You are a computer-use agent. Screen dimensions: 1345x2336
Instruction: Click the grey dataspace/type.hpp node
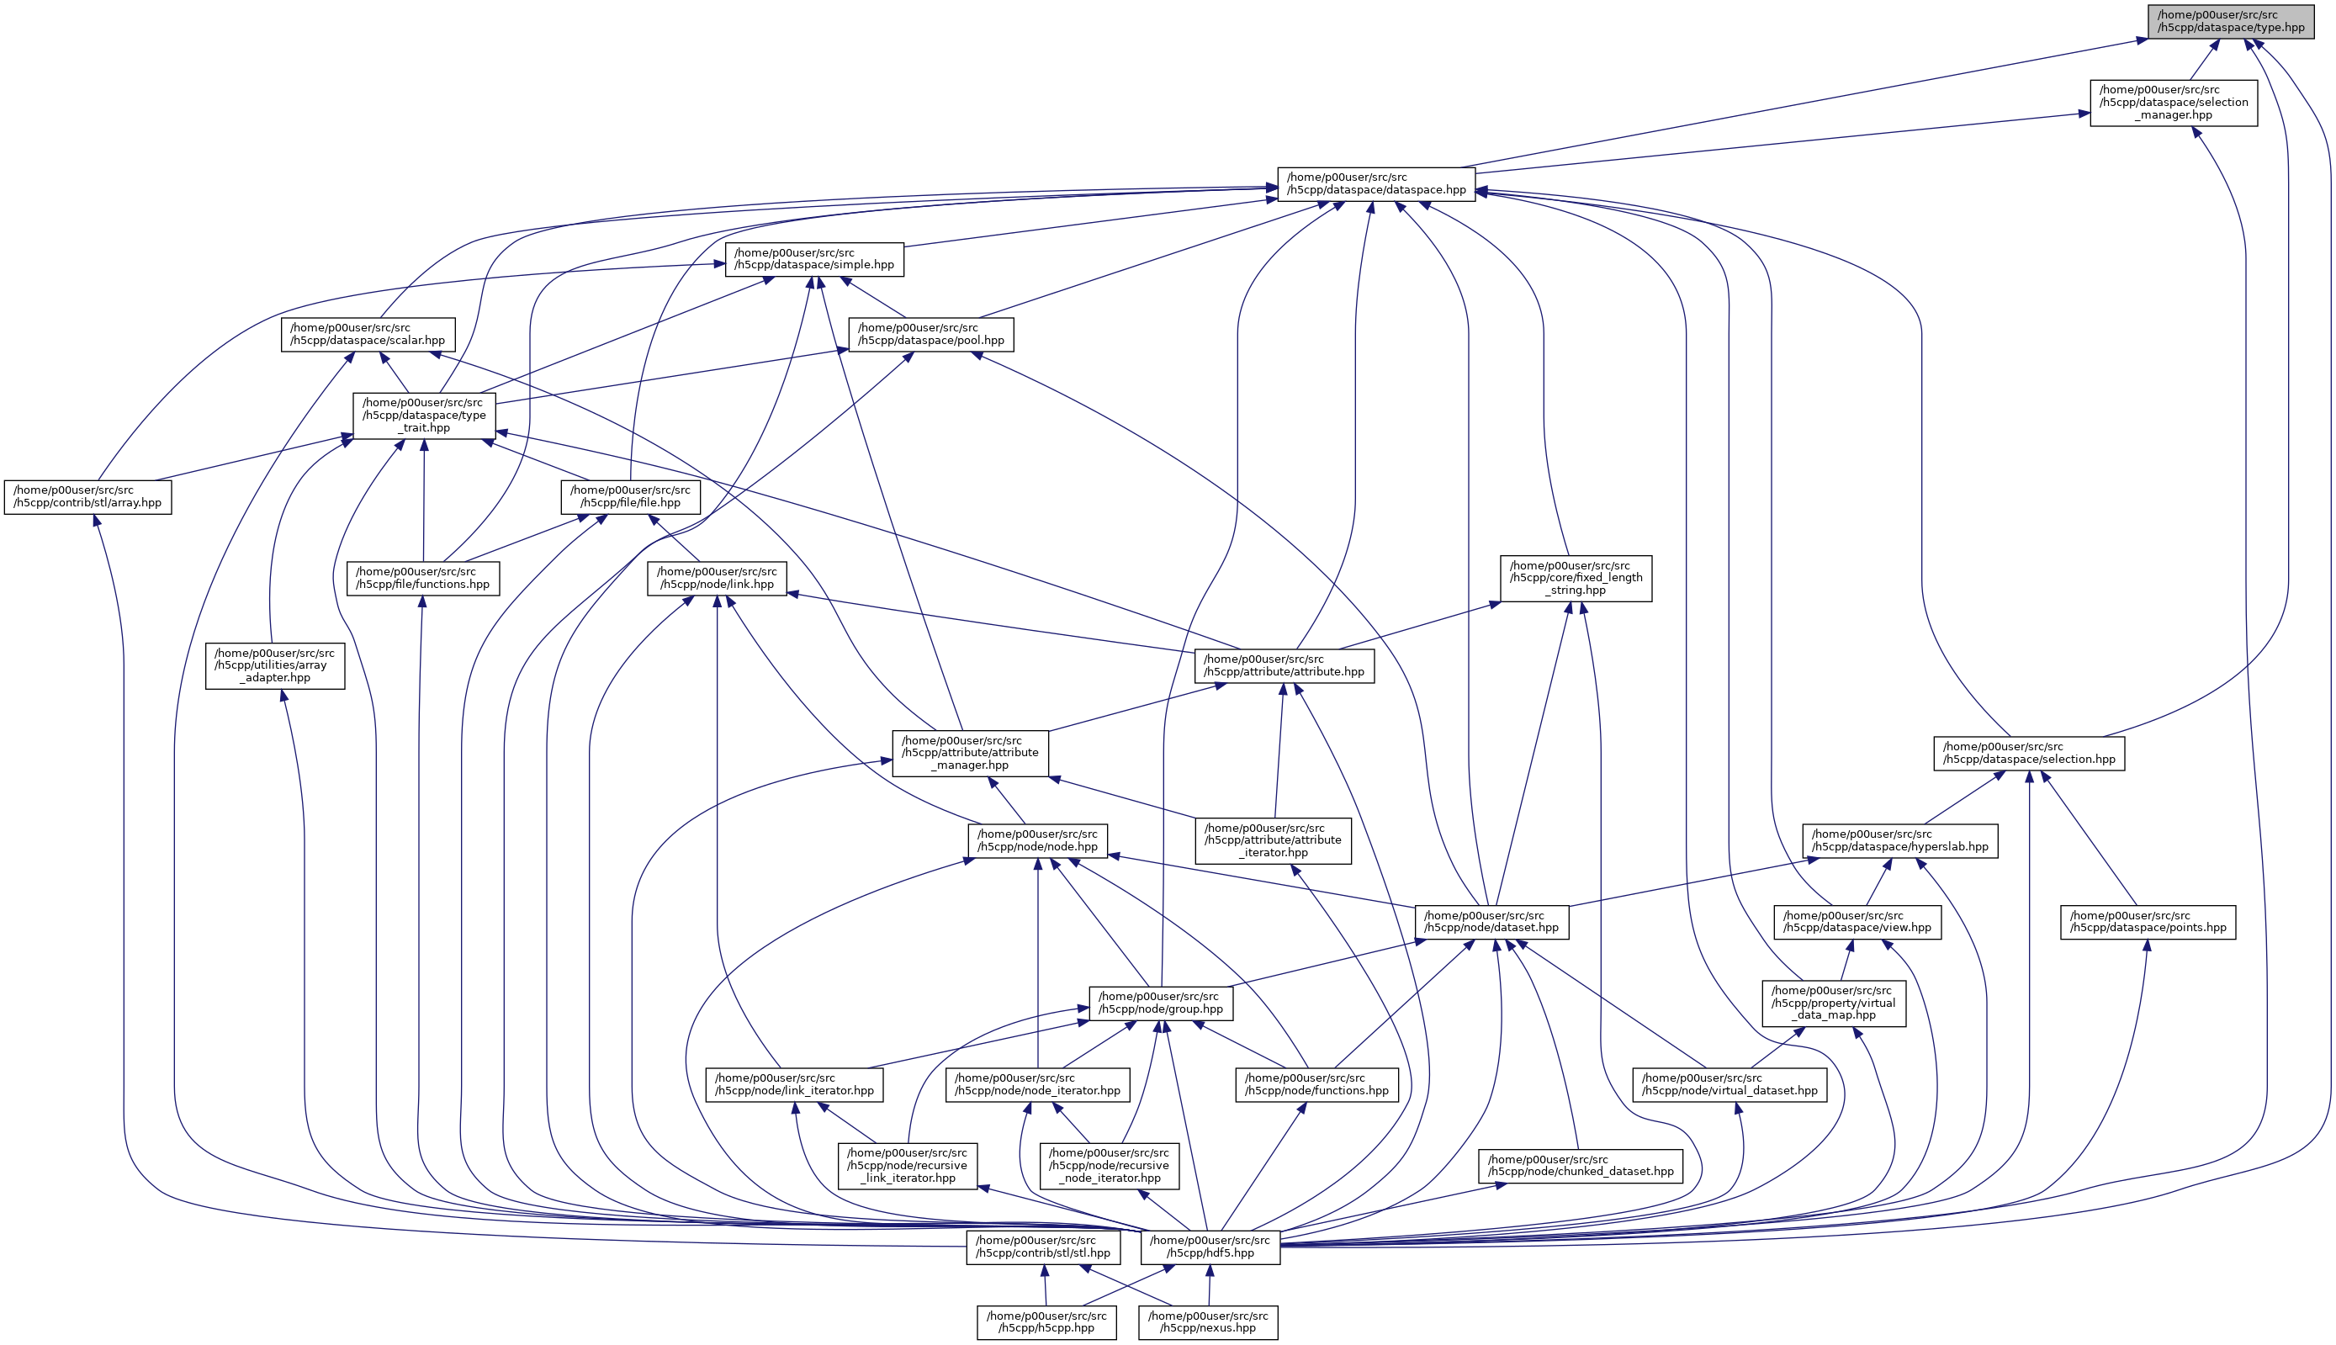[2231, 21]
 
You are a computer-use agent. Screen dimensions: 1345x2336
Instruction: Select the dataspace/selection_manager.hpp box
[2174, 103]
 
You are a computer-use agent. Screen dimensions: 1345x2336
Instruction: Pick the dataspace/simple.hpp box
[813, 259]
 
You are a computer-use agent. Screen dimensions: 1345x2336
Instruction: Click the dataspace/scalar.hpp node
[368, 333]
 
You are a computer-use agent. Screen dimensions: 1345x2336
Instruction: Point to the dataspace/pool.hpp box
[930, 333]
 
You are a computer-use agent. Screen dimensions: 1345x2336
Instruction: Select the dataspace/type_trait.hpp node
[424, 416]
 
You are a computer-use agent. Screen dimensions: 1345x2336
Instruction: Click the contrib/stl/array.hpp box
[87, 497]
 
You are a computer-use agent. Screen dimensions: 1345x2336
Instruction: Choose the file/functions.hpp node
[423, 578]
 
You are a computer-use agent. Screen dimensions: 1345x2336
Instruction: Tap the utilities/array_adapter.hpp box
[274, 665]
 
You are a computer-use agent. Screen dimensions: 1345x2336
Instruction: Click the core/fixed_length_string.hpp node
[1576, 578]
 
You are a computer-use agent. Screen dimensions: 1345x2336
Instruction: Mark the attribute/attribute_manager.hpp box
[970, 753]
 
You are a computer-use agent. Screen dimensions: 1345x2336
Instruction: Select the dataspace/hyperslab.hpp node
[1900, 840]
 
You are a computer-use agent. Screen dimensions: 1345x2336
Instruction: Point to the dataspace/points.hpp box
[2148, 922]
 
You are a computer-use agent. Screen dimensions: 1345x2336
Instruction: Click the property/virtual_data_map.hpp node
[1834, 1003]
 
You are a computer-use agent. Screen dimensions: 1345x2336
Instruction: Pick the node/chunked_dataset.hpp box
[1581, 1166]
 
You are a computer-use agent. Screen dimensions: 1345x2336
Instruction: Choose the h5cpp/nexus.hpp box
[1208, 1322]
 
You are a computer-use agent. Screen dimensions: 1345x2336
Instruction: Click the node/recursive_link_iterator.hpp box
[907, 1166]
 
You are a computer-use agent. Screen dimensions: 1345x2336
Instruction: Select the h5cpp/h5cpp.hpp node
[1046, 1322]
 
